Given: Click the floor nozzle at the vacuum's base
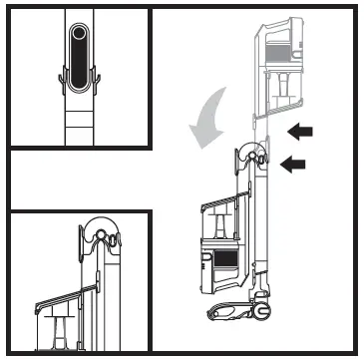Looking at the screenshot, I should coord(234,310).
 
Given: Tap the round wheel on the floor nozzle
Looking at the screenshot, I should coord(264,309).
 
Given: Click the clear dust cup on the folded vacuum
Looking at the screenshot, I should coord(221,225).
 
